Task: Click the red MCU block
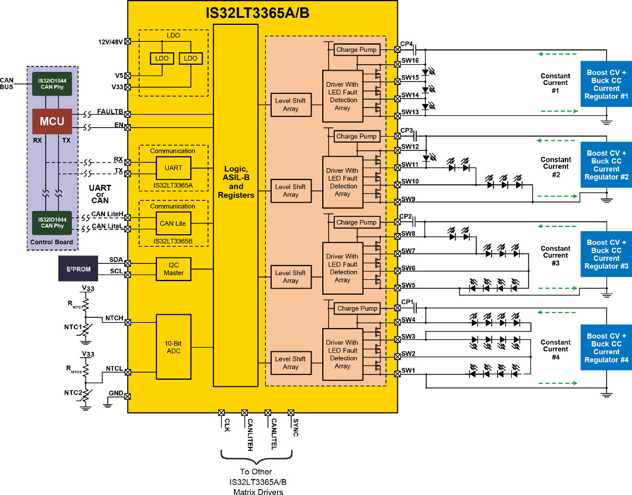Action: coord(52,121)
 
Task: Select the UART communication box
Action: coord(173,168)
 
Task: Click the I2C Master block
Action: coord(173,269)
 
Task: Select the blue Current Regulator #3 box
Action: coord(606,254)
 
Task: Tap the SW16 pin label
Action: coord(410,61)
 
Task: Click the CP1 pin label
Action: coord(407,302)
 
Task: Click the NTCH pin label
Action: coord(114,319)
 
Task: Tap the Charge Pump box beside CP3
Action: coord(356,136)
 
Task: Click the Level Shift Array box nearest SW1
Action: coord(291,362)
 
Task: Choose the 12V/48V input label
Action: coord(111,42)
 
